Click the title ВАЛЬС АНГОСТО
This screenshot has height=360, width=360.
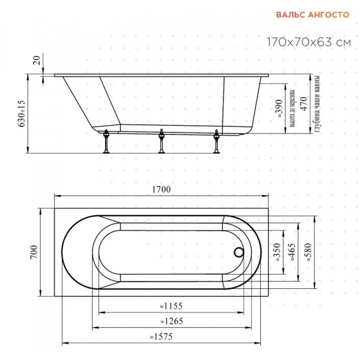(312, 15)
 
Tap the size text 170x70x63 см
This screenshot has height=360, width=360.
(309, 42)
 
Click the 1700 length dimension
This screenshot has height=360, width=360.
(162, 189)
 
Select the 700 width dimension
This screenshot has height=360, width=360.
(34, 252)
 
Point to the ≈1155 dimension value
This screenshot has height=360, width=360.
(171, 306)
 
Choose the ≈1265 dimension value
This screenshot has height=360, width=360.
(172, 321)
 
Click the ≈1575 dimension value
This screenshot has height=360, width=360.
(161, 337)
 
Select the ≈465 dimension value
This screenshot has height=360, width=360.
(292, 252)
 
